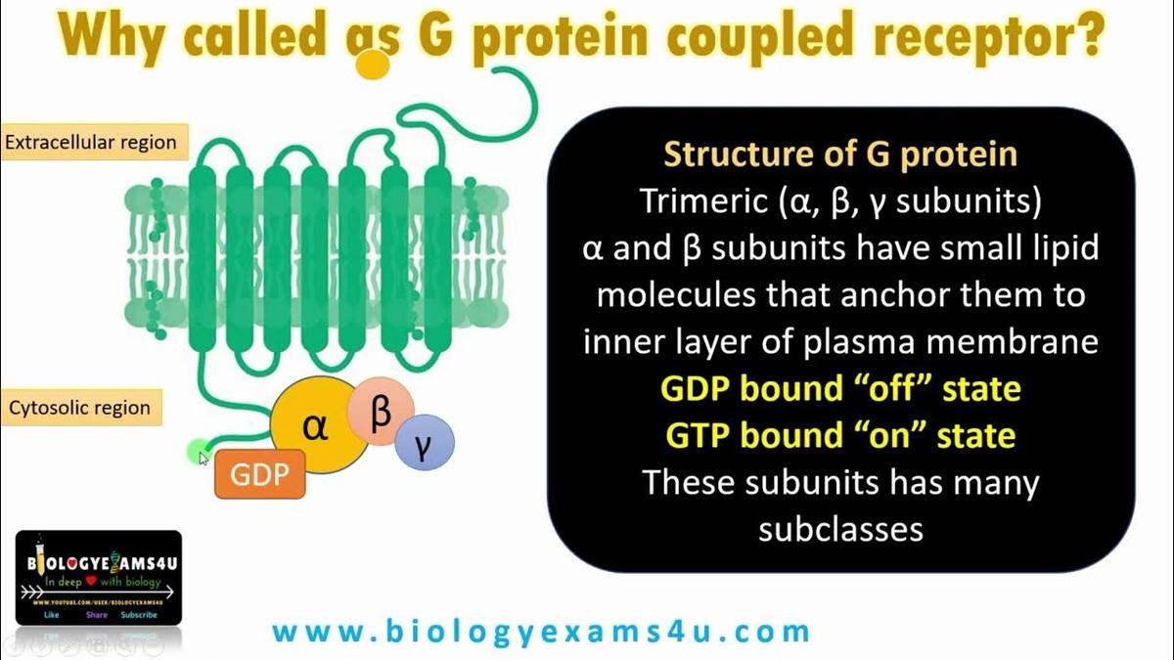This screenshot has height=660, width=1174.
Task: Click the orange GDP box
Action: tap(259, 474)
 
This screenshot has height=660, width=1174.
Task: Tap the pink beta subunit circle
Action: tap(380, 412)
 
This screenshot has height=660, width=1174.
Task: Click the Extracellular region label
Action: tap(91, 143)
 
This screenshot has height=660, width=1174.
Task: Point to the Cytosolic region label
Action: tap(80, 408)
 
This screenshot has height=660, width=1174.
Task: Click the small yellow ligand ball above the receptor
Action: tap(372, 63)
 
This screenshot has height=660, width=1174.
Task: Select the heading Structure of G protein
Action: tap(840, 154)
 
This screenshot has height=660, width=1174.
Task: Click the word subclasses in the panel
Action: tap(840, 528)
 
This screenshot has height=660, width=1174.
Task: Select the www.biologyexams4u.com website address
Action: tap(541, 632)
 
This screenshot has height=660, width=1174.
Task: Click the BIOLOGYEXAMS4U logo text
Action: tap(98, 565)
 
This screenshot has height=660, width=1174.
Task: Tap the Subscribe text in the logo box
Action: tap(138, 615)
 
